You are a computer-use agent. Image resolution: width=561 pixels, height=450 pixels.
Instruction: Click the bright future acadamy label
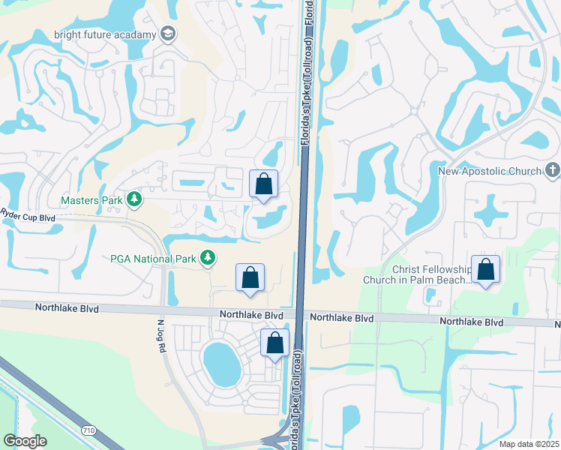coord(105,34)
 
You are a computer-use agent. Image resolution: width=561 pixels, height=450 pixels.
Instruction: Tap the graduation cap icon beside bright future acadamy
coord(169,34)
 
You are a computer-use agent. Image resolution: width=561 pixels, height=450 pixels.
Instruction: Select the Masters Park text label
coord(91,200)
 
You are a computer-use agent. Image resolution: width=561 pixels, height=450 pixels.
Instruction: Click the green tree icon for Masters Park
coord(133,199)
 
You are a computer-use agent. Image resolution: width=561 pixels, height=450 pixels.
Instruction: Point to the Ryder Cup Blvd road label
coord(28,217)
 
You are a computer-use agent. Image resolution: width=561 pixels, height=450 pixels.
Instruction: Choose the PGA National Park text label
coord(153,259)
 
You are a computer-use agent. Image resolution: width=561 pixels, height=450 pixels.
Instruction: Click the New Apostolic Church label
coord(490,171)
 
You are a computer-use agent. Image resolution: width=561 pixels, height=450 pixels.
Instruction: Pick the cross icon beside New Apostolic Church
coord(552,171)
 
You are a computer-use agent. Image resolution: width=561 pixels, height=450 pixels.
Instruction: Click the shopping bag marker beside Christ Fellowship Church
coord(486,271)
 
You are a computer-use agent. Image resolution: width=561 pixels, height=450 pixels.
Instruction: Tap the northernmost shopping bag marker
coord(263,184)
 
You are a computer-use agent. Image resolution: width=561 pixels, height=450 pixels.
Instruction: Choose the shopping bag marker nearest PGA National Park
coord(250,278)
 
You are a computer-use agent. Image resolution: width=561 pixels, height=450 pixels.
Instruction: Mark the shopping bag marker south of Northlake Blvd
coord(275,343)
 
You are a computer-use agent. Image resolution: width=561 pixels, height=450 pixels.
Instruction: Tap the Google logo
coord(25,441)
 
